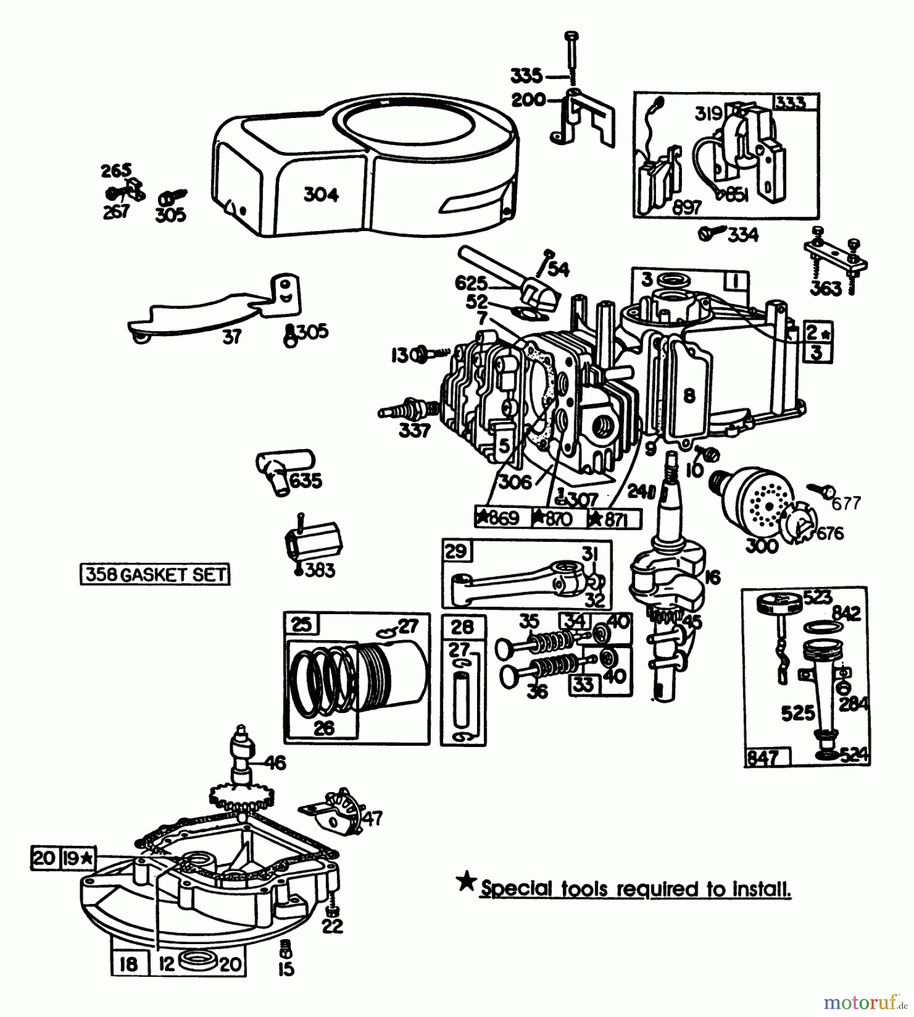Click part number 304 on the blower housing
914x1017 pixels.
[x=321, y=195]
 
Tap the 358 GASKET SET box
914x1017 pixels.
[x=155, y=575]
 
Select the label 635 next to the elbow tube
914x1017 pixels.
[x=305, y=481]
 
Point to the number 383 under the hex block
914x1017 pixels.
[x=320, y=570]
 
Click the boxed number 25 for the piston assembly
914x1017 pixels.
[x=301, y=624]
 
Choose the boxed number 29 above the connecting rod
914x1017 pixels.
[x=456, y=551]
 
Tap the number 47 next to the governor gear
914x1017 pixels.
[x=373, y=818]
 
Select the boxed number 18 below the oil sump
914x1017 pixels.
[x=129, y=964]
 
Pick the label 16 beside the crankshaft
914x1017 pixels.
[x=712, y=577]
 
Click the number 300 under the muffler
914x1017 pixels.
[x=762, y=546]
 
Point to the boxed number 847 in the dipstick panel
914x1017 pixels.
[x=763, y=757]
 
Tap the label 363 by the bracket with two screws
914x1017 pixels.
[x=825, y=288]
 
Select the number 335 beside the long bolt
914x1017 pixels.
[x=526, y=75]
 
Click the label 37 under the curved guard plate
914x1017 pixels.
[x=231, y=337]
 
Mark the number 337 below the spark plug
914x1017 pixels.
[x=414, y=431]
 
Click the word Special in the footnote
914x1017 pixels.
[x=517, y=889]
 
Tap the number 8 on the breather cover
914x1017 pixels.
[x=689, y=395]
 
